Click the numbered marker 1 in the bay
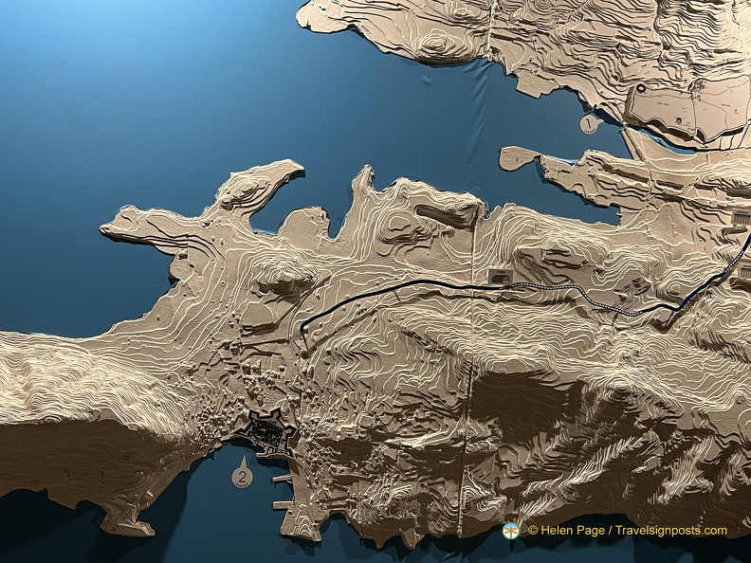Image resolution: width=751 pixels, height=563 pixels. click(x=589, y=123)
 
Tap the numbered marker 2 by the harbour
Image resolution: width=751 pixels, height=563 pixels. click(x=242, y=477)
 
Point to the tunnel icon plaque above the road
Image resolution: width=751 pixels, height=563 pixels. click(x=499, y=275)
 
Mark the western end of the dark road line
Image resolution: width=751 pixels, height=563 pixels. click(x=302, y=331)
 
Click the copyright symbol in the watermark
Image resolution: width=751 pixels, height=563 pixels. click(x=533, y=531)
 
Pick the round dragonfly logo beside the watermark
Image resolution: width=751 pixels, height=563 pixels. click(x=512, y=531)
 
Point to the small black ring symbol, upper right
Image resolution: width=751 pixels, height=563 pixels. click(x=642, y=89)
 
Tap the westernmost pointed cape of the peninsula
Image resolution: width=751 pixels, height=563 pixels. click(x=104, y=228)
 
